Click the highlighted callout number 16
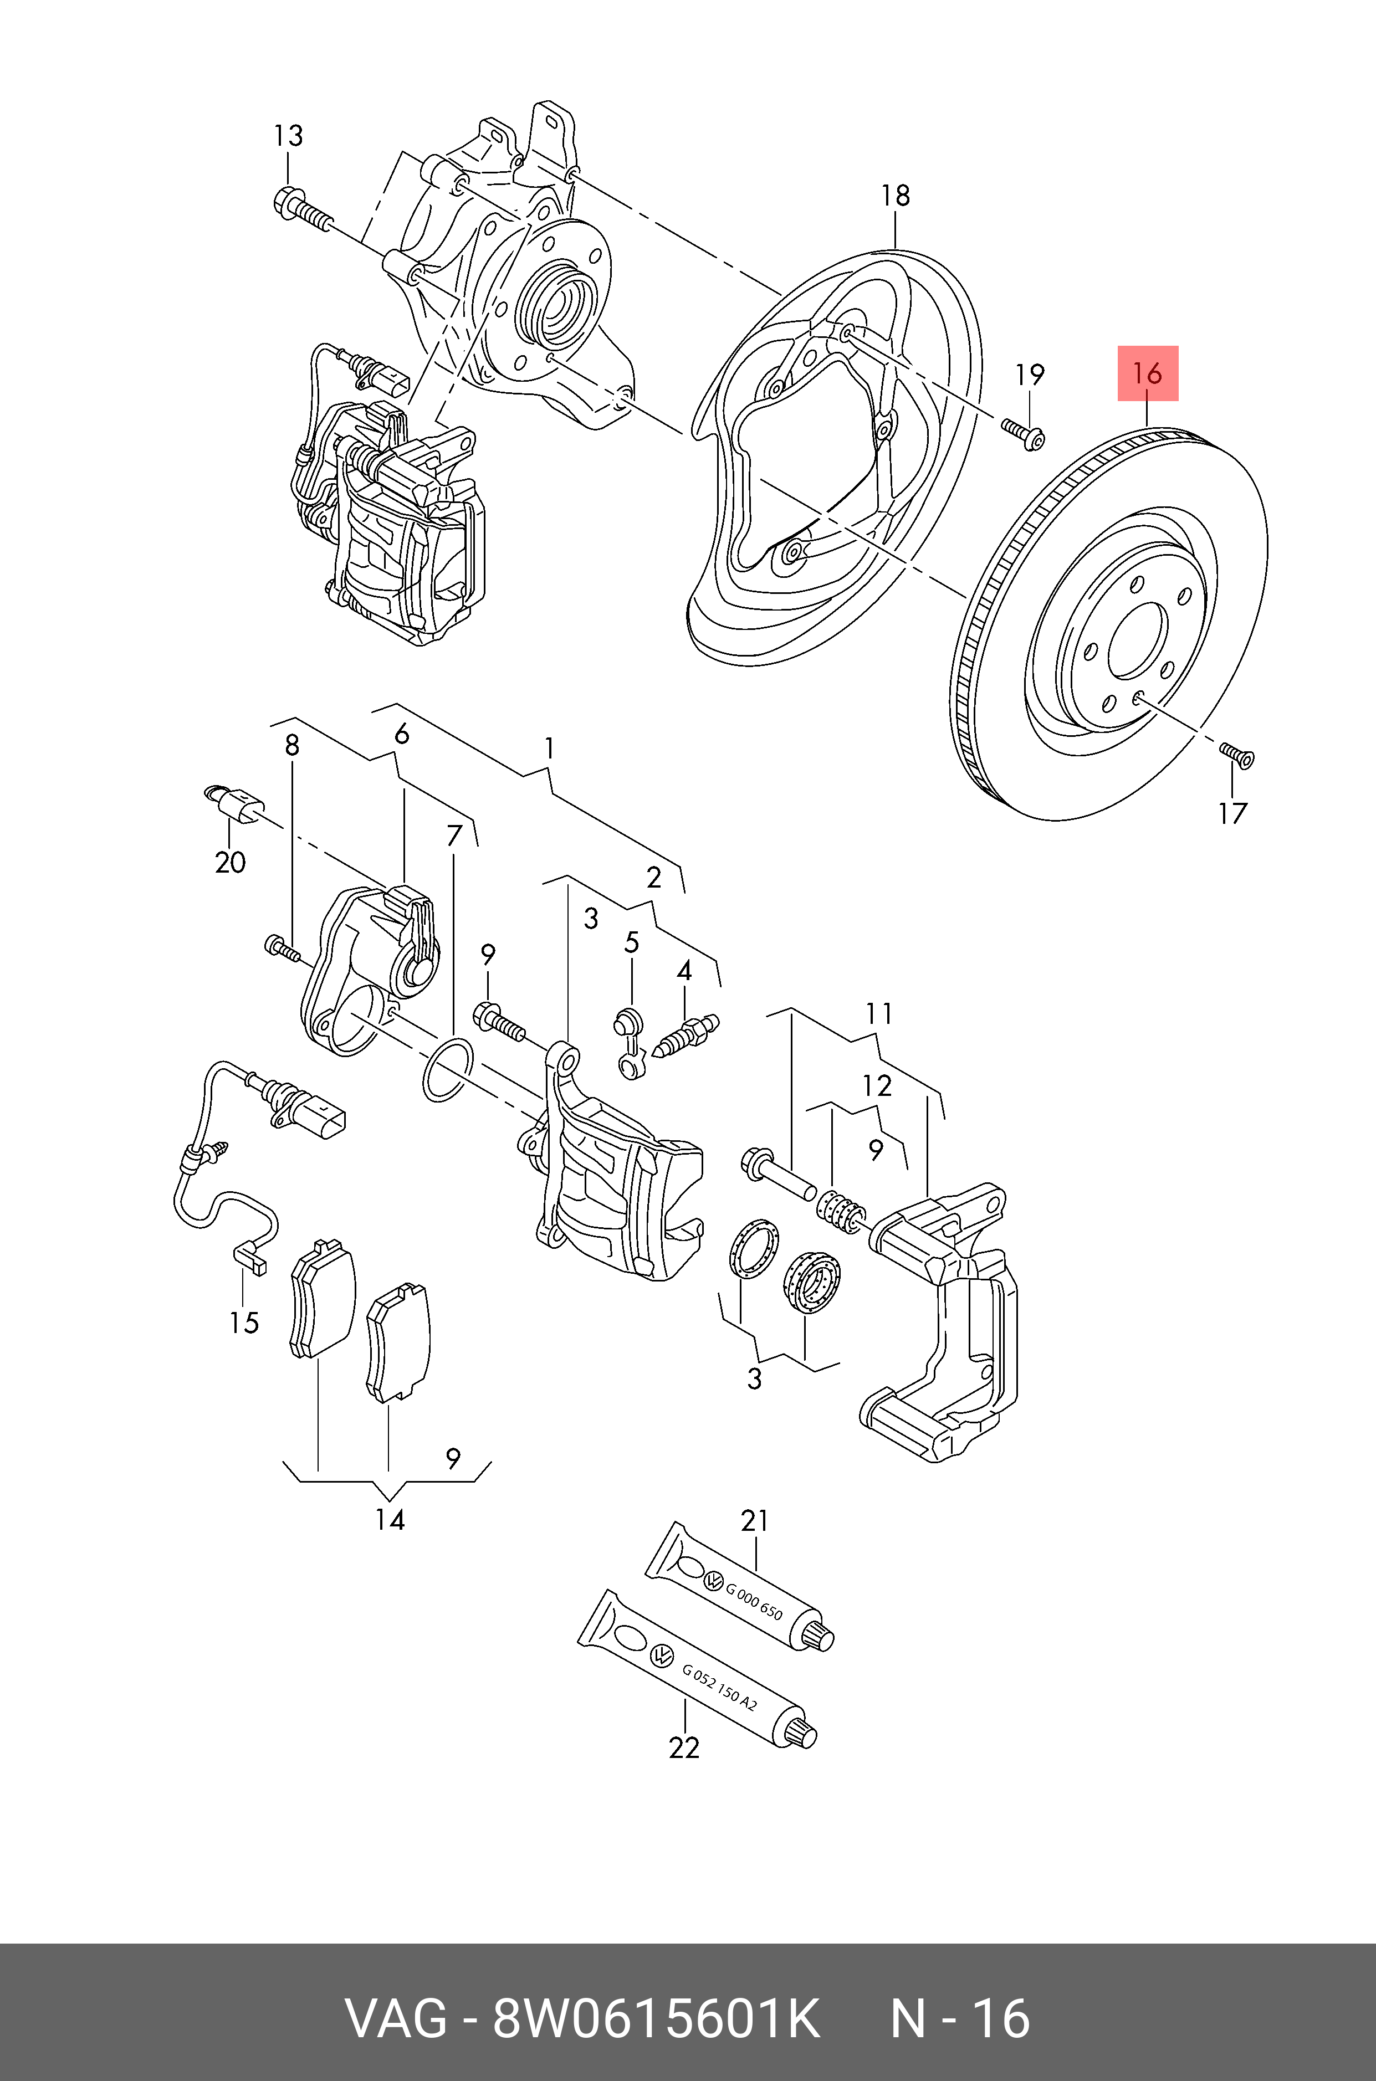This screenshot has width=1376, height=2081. pos(1147,374)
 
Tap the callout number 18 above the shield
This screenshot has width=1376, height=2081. pos(895,195)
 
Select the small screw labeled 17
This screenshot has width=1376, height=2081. pos(1236,754)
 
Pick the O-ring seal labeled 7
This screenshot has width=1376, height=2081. pos(448,1069)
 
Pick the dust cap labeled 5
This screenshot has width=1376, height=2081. pos(628,1044)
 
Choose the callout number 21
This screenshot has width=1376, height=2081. pos(754,1520)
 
